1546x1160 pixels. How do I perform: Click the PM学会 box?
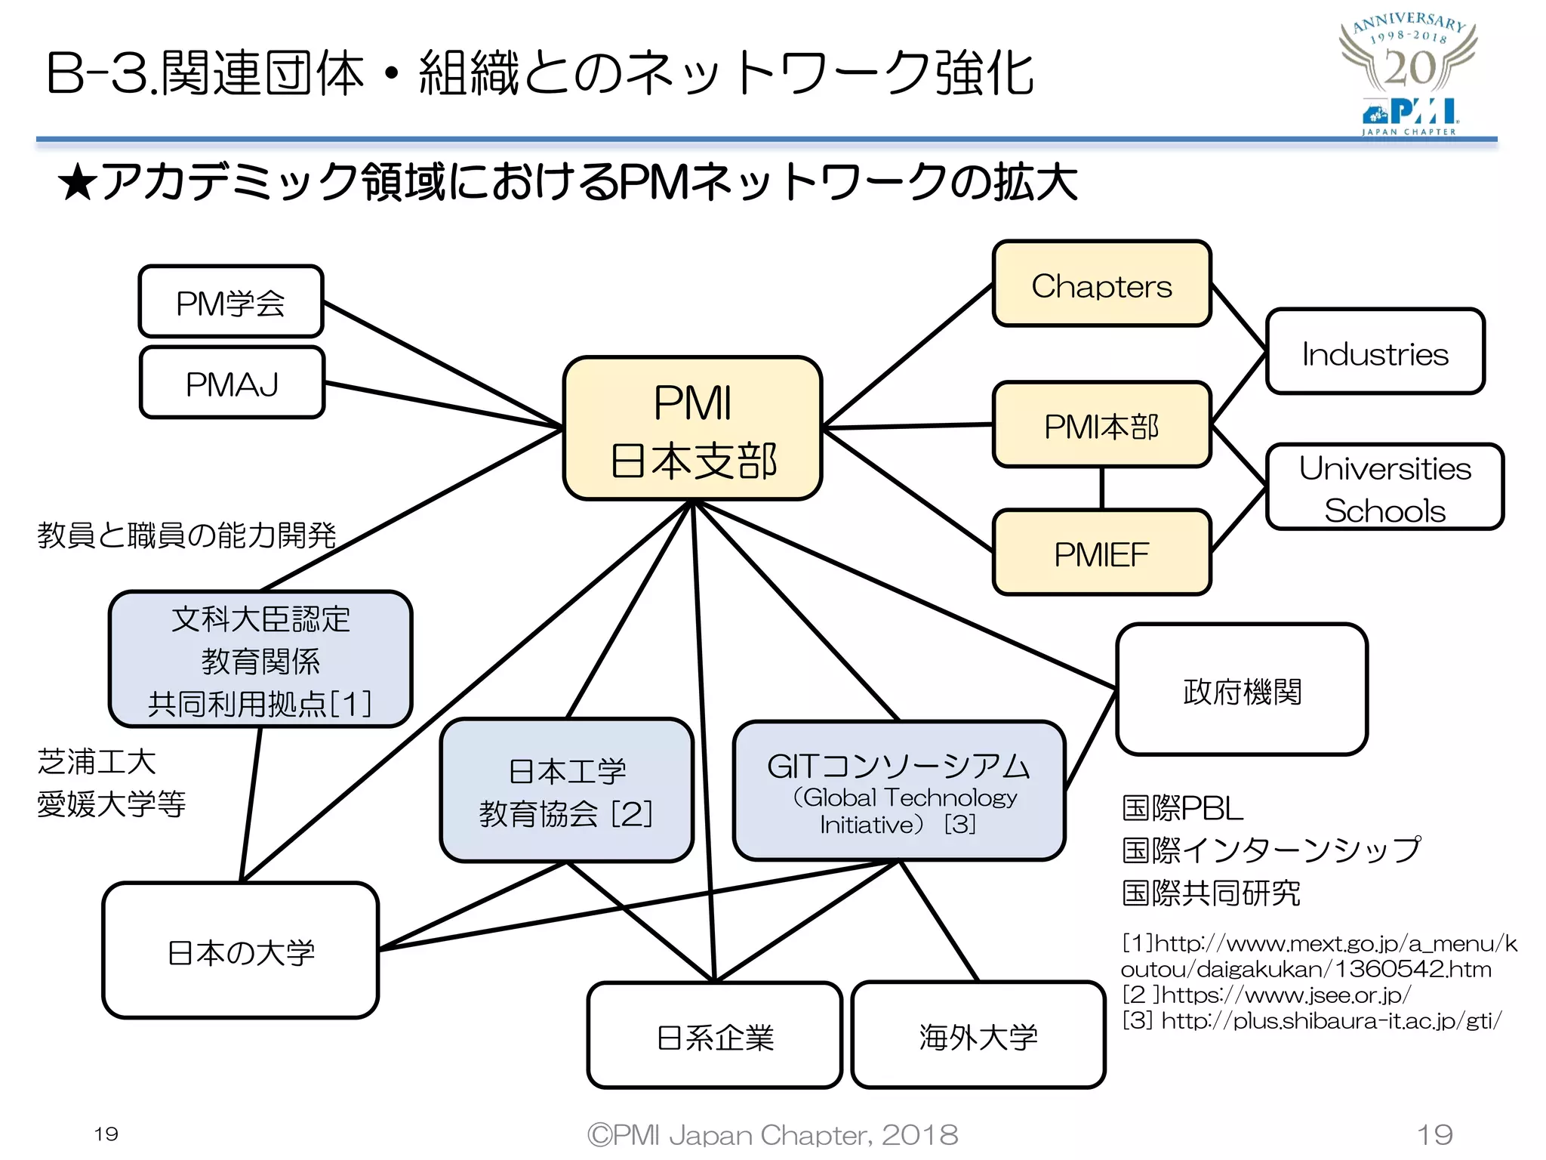(231, 301)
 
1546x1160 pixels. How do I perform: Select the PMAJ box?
(232, 383)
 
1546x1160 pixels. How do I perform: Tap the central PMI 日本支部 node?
(692, 428)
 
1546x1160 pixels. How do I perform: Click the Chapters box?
(1101, 284)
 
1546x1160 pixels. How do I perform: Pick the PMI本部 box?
(1101, 424)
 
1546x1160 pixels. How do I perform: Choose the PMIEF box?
(1101, 553)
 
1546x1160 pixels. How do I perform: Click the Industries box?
(1375, 352)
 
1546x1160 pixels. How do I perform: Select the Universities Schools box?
(1384, 487)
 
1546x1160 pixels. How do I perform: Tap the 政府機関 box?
(1242, 690)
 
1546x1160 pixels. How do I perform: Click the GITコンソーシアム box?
(898, 791)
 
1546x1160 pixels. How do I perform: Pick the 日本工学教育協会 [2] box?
(566, 791)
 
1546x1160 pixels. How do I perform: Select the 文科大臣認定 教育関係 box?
(260, 659)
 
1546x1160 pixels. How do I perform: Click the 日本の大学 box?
(240, 951)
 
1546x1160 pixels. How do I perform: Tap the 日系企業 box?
(714, 1035)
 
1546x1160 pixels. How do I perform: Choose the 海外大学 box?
(978, 1035)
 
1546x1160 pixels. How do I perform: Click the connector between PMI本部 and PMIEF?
(1101, 488)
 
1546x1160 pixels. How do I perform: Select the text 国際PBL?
(1182, 808)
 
